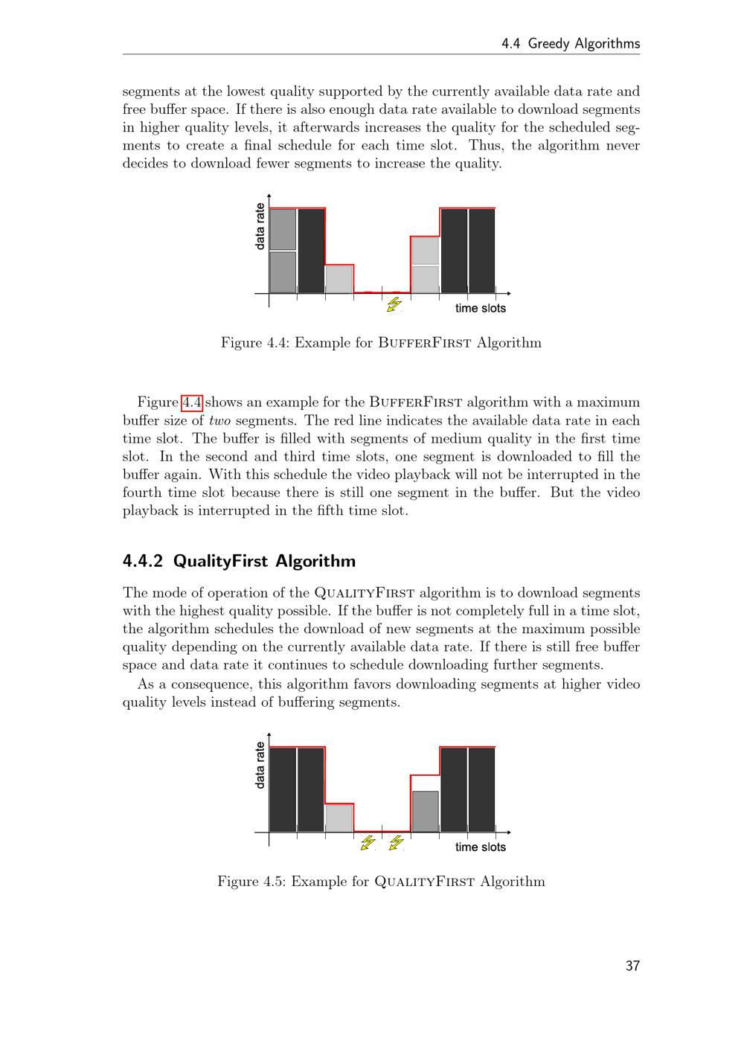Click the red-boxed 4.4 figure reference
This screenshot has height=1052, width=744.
192,402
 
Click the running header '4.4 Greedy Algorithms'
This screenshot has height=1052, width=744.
571,44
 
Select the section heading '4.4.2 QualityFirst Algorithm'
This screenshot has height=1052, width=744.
239,561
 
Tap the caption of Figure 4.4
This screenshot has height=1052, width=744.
381,342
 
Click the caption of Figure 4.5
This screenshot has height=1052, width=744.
381,881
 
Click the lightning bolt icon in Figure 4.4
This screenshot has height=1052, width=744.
394,304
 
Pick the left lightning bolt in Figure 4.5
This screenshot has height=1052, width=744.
368,842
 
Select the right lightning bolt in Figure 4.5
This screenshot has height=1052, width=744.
396,842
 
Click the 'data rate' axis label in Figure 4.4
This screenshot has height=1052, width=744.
260,226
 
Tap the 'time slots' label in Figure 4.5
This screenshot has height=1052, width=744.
481,847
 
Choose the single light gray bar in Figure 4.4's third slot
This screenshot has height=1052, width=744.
339,280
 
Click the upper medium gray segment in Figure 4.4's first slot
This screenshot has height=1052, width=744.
283,229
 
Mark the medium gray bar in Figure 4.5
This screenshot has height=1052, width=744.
425,812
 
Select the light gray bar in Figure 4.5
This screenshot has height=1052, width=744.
339,818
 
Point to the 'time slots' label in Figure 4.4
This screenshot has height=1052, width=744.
481,308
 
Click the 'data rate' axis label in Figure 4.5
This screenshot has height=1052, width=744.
260,765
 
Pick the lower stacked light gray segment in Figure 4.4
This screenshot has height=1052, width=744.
425,280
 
